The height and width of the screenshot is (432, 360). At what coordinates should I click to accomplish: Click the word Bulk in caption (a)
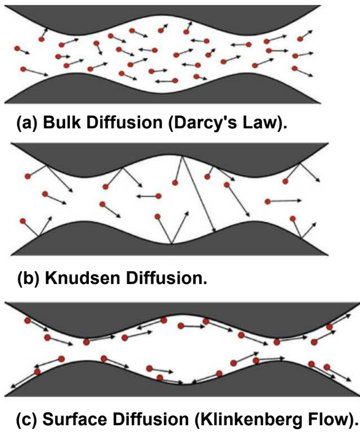[x=56, y=123]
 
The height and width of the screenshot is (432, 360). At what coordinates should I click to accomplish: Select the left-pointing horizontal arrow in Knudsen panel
[x=147, y=196]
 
